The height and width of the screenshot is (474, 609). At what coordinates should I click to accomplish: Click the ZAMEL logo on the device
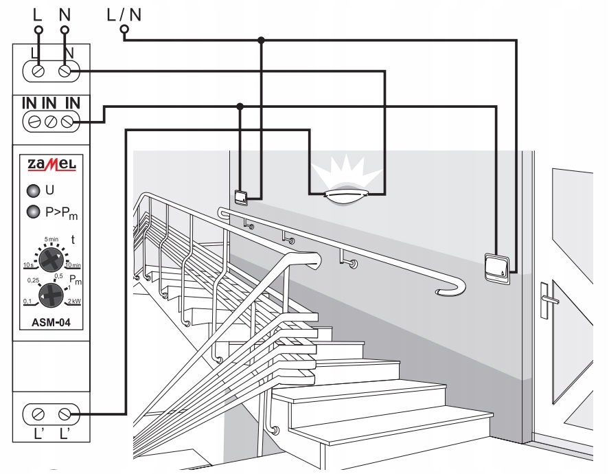point(51,164)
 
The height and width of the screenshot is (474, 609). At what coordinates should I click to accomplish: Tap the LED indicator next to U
point(34,191)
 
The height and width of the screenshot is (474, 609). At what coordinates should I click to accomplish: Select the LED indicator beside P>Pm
point(34,212)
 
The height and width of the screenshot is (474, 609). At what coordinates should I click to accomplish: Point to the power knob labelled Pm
point(51,296)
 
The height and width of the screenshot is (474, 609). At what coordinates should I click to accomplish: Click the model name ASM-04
point(51,322)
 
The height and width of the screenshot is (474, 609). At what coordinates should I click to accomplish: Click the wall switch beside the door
point(497,267)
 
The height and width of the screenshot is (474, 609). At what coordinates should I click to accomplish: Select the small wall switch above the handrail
point(241,197)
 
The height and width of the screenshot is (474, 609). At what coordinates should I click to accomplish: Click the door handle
point(548,300)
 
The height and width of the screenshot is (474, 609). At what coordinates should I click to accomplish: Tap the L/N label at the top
point(124,14)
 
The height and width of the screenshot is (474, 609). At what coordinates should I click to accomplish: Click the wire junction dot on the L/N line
point(261,40)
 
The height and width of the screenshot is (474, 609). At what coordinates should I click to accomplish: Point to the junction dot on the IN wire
point(240,106)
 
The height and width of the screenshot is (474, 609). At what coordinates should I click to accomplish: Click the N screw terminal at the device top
point(65,71)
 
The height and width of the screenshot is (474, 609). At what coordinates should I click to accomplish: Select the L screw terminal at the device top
point(38,71)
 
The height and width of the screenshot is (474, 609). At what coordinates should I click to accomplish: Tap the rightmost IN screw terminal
point(67,122)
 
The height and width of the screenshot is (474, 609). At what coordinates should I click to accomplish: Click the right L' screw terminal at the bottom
point(65,414)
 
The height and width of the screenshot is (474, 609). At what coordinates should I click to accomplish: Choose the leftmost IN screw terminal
point(34,122)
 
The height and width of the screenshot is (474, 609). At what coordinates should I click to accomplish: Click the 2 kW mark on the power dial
point(74,301)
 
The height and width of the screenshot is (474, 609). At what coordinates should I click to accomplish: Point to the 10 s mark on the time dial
point(28,265)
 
